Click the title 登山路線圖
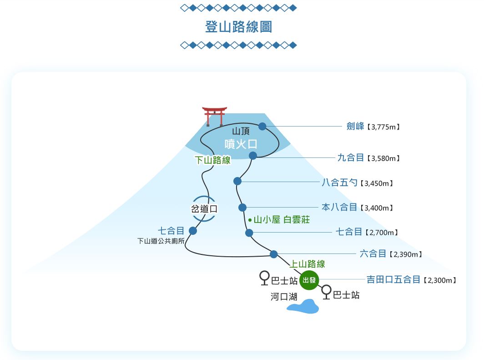pos(239,26)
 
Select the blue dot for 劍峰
pos(262,126)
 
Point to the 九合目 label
pos(351,157)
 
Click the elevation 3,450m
pos(376,183)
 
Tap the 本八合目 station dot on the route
pos(242,208)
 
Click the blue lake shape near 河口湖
pos(303,307)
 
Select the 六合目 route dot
pos(273,254)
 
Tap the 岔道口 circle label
pos(203,209)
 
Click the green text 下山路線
pos(212,160)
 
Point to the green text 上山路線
pos(308,264)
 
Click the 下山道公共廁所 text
pos(161,241)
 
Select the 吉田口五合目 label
pos(393,279)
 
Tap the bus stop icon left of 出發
pos(264,278)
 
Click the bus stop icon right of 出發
pos(326,292)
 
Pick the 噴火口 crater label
pos(241,144)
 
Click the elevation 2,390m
pos(406,254)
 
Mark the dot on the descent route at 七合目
pos(193,231)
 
